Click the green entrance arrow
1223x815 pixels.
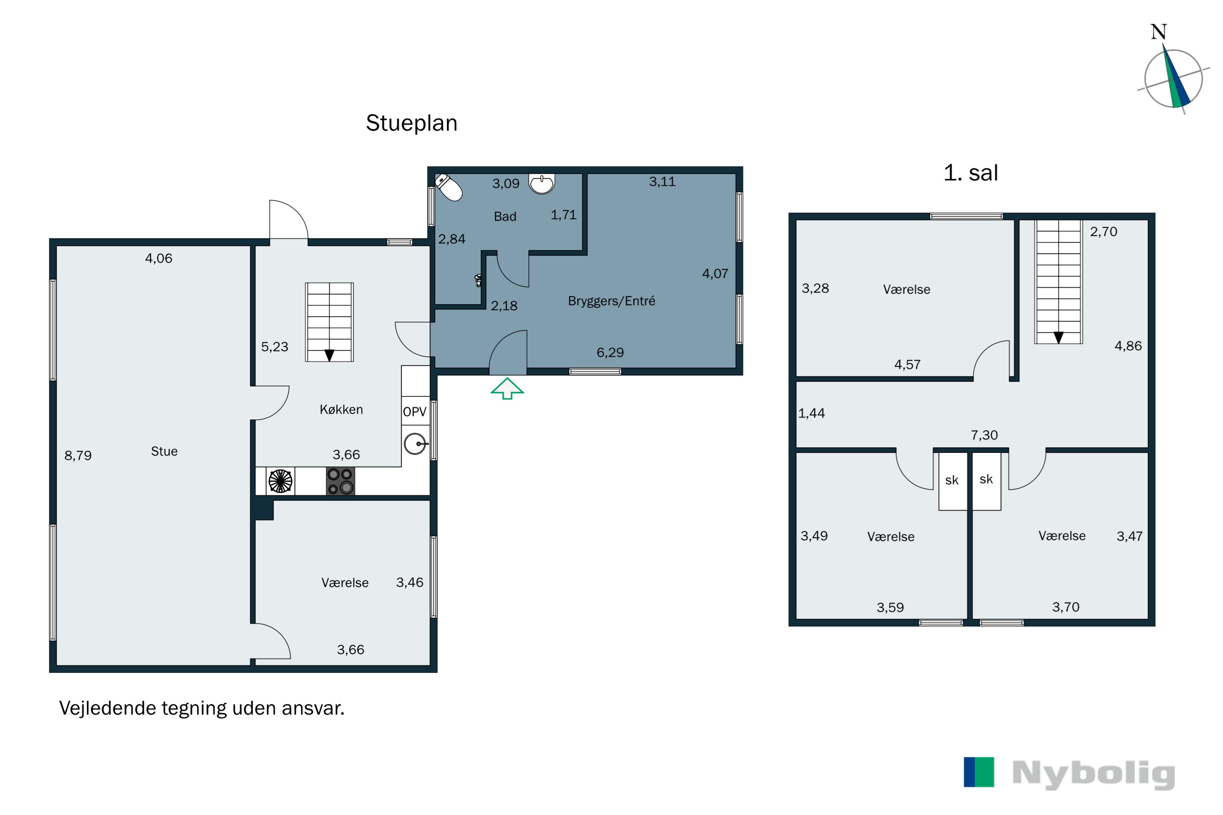click(x=507, y=389)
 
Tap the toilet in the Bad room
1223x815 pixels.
click(x=449, y=187)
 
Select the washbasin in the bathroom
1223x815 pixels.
click(x=541, y=183)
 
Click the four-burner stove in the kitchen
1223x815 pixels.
click(x=340, y=481)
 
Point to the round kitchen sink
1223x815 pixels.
click(x=415, y=443)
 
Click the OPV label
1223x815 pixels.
click(x=415, y=412)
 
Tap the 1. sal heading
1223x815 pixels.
click(x=970, y=172)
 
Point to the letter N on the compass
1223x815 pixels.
click(x=1159, y=32)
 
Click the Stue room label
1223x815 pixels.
click(x=164, y=451)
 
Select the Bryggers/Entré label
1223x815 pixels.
click(x=611, y=301)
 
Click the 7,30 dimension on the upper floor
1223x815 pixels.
click(x=985, y=435)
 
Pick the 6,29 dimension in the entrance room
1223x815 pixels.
click(x=610, y=353)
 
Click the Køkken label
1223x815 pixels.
click(x=341, y=410)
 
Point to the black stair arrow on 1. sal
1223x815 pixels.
click(x=1058, y=338)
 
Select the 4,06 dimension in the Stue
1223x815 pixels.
click(x=159, y=258)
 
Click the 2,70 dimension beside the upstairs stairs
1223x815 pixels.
click(x=1104, y=232)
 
